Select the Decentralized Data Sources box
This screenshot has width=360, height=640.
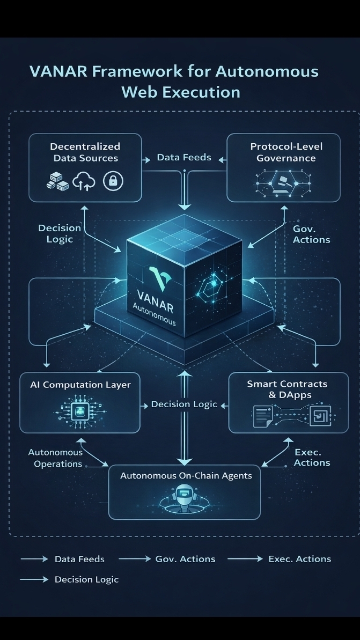click(x=85, y=167)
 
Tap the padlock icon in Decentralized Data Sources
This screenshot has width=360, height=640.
click(x=113, y=181)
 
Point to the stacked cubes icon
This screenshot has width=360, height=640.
click(x=57, y=182)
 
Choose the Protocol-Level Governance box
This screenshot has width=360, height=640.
click(x=284, y=167)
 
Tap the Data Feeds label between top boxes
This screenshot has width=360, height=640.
click(x=184, y=158)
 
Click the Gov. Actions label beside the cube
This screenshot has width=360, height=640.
click(x=311, y=234)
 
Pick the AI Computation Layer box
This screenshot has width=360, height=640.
click(x=80, y=402)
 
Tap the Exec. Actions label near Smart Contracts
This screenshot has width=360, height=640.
click(x=311, y=458)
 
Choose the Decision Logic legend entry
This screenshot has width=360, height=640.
click(x=86, y=579)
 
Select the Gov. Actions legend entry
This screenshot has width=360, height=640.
click(x=185, y=559)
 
